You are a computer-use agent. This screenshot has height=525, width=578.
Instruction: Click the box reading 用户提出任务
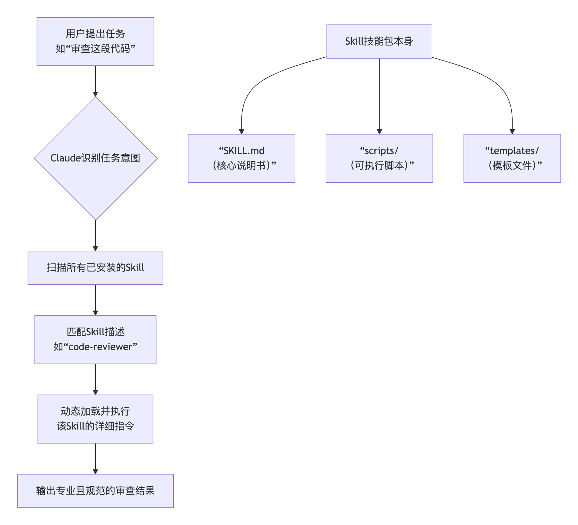[x=95, y=33]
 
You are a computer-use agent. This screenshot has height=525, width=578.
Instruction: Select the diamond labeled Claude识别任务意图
[x=95, y=158]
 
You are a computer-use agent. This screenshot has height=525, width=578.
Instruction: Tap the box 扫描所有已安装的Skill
[x=95, y=267]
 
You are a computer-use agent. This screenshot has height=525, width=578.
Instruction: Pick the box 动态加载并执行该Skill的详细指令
[x=95, y=419]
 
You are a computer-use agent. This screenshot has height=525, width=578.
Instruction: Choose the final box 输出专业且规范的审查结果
[x=95, y=491]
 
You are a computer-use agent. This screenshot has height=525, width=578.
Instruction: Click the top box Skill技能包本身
[x=379, y=41]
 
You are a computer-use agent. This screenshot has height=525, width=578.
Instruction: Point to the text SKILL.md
[x=244, y=151]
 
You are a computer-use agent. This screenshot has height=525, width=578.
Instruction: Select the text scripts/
[x=381, y=151]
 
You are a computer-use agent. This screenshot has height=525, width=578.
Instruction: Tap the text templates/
[x=514, y=151]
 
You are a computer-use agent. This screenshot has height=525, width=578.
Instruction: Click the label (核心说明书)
[x=241, y=165]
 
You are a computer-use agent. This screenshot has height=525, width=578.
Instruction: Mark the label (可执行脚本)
[x=379, y=165]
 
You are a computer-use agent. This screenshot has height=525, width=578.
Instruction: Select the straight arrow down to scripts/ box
[x=379, y=96]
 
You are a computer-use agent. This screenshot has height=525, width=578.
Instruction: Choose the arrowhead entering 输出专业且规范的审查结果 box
[x=95, y=471]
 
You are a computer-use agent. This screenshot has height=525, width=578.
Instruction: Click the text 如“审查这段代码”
[x=95, y=49]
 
